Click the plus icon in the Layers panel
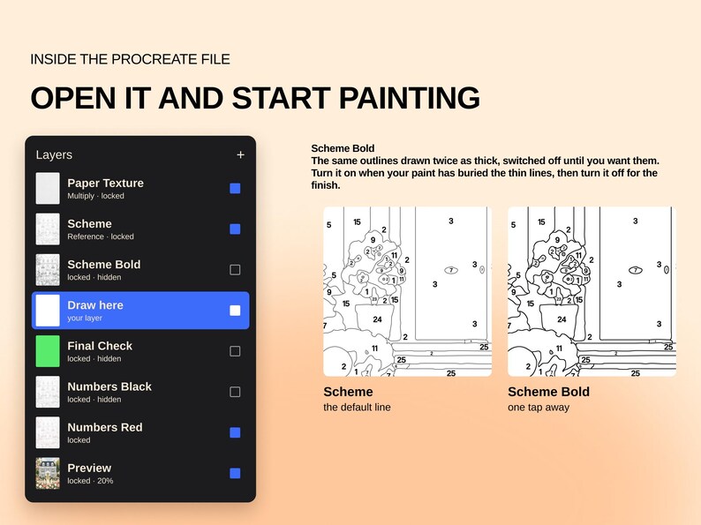point(240,154)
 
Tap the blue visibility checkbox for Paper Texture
point(235,189)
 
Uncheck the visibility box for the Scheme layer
point(235,229)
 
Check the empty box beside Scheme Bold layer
point(235,270)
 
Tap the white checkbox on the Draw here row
point(235,311)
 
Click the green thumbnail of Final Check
point(48,351)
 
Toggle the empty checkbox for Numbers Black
point(235,392)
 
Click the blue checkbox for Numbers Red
point(235,432)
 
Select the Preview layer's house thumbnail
point(48,473)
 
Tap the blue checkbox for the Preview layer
point(235,473)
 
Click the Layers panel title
point(54,154)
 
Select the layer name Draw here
point(95,305)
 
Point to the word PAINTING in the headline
point(410,98)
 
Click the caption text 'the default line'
point(358,407)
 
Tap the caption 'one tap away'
point(539,408)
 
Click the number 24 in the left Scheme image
point(377,319)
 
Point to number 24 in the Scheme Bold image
point(562,319)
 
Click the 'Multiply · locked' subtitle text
point(95,196)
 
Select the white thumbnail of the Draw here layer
point(48,311)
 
